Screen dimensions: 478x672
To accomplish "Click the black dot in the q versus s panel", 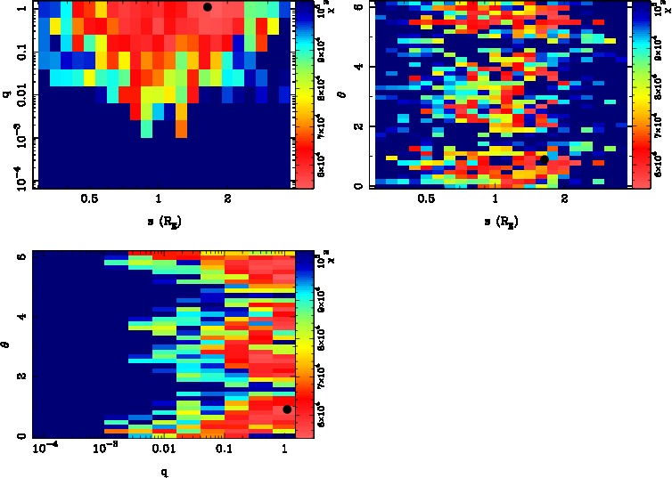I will [208, 7].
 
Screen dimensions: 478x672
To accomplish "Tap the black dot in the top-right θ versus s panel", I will [544, 159].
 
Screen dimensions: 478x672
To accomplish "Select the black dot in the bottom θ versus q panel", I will [287, 409].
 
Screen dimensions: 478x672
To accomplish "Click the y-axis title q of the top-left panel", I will [8, 109].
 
